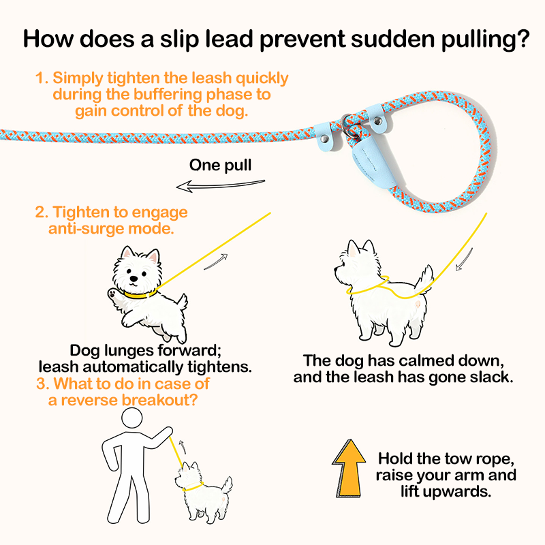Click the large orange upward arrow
(349, 469)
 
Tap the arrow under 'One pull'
(220, 185)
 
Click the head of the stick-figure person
(131, 418)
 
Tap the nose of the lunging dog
(134, 279)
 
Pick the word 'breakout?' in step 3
(161, 400)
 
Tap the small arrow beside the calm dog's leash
(465, 260)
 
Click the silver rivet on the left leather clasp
(324, 139)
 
